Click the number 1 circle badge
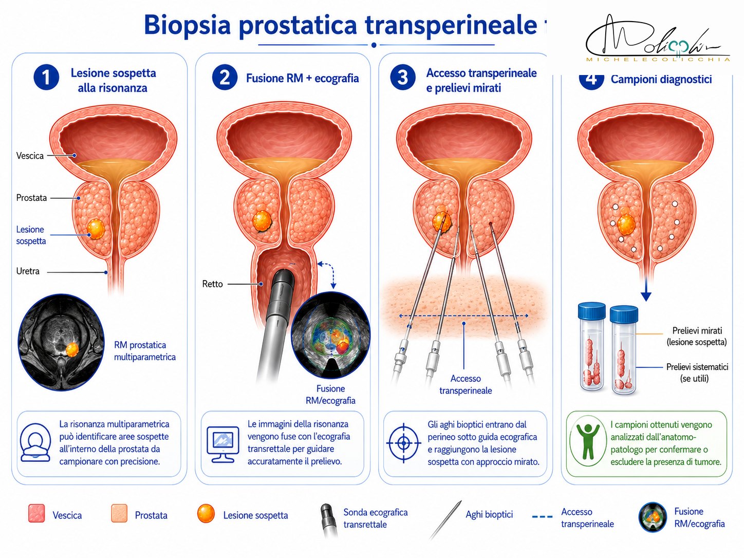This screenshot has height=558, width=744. [46, 77]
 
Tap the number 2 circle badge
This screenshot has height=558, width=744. [225, 77]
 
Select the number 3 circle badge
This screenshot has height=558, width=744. [403, 77]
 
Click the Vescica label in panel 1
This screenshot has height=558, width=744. [30, 156]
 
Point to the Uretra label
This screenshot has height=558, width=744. [28, 271]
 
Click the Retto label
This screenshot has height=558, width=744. [213, 284]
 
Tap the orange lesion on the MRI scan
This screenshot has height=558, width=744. [72, 349]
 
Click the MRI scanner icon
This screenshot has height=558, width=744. [35, 442]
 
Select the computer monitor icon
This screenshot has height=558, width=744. [222, 444]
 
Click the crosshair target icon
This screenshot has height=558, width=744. [403, 443]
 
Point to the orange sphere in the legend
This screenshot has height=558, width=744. [206, 514]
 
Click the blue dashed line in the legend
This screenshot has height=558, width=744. [542, 517]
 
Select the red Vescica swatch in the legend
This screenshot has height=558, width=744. [36, 514]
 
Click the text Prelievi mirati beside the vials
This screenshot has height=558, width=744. [697, 331]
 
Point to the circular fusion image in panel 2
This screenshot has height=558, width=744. [330, 335]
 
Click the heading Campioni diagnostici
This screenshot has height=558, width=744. [661, 79]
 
